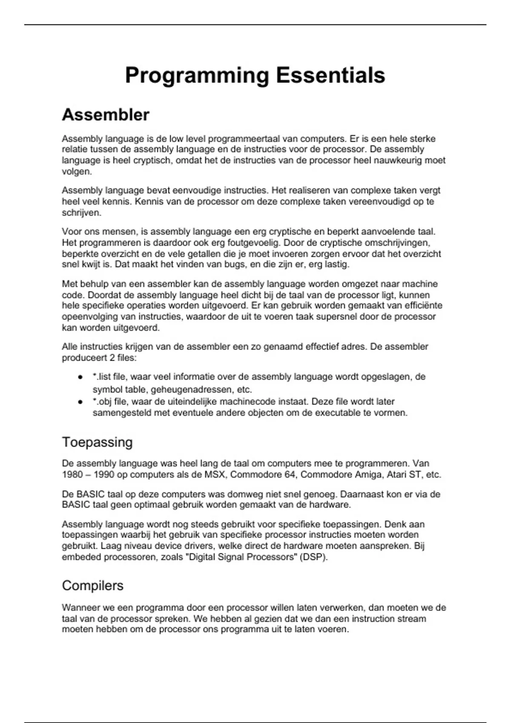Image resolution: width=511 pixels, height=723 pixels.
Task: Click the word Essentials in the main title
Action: point(330,76)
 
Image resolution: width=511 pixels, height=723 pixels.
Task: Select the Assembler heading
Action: point(106,115)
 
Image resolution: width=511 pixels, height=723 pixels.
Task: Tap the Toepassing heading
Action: point(97,442)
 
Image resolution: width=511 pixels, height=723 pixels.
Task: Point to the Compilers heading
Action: point(92,586)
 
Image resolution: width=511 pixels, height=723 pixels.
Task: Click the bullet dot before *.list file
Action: point(80,377)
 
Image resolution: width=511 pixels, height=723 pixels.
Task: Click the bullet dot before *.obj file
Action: point(80,402)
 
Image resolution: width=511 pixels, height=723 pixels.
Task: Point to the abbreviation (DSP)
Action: point(313,557)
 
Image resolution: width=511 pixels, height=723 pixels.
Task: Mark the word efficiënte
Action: point(421,306)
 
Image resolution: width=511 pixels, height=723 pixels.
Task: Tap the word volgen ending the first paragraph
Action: point(76,171)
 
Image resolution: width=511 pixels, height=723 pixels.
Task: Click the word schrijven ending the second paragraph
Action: point(81,213)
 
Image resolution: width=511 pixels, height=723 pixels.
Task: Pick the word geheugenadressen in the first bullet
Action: point(192,390)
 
